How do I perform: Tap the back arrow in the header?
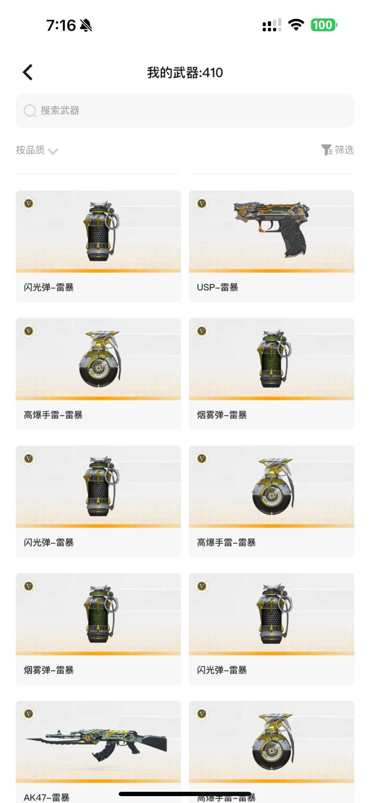point(28,72)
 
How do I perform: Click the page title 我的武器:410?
point(185,73)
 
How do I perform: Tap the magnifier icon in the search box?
point(30,110)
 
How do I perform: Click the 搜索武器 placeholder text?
point(60,110)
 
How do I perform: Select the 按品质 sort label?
point(30,150)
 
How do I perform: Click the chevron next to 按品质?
point(53,151)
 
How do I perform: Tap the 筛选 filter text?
point(344,150)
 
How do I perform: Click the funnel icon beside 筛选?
point(326,150)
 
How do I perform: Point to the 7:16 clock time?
point(61,25)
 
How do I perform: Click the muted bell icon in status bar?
point(86,25)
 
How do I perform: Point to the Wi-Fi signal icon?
point(296,25)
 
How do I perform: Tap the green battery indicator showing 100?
point(324,25)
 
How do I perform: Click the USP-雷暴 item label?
point(218,287)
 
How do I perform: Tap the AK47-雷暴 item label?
point(47,797)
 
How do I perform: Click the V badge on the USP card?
point(202,203)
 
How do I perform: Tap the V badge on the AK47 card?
point(29,714)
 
